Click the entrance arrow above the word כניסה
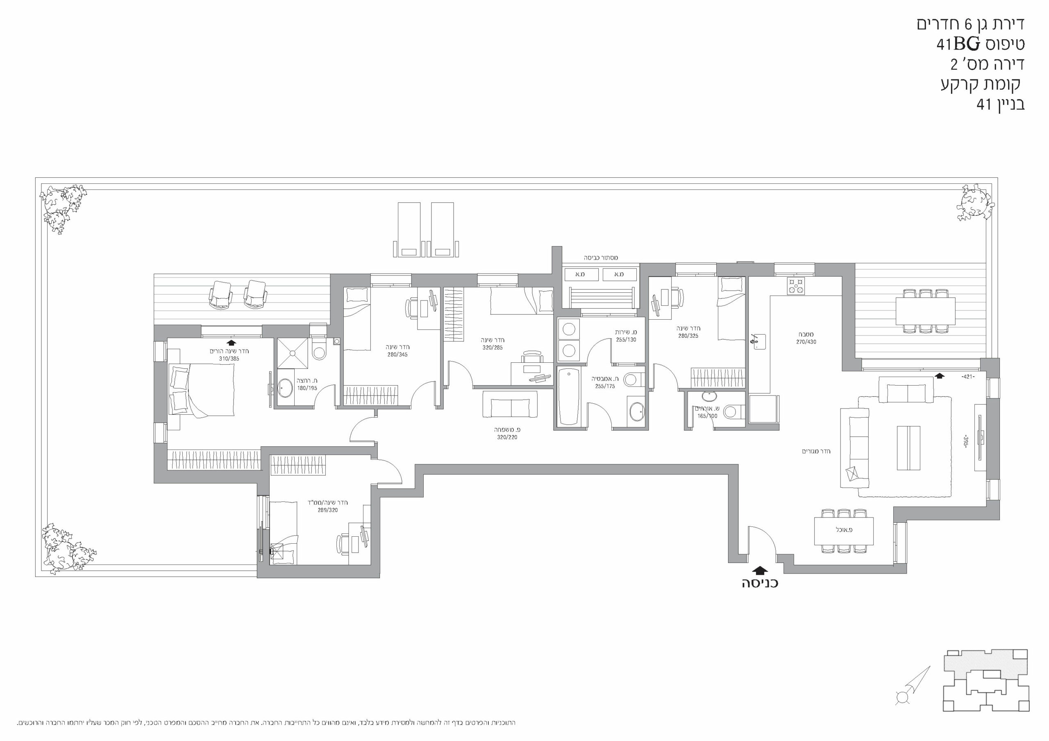point(759,570)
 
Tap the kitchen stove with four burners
point(796,286)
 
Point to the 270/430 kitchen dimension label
point(806,341)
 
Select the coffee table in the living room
point(908,448)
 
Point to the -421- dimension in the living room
point(968,377)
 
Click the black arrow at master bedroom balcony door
point(232,342)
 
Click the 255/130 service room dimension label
point(626,340)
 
